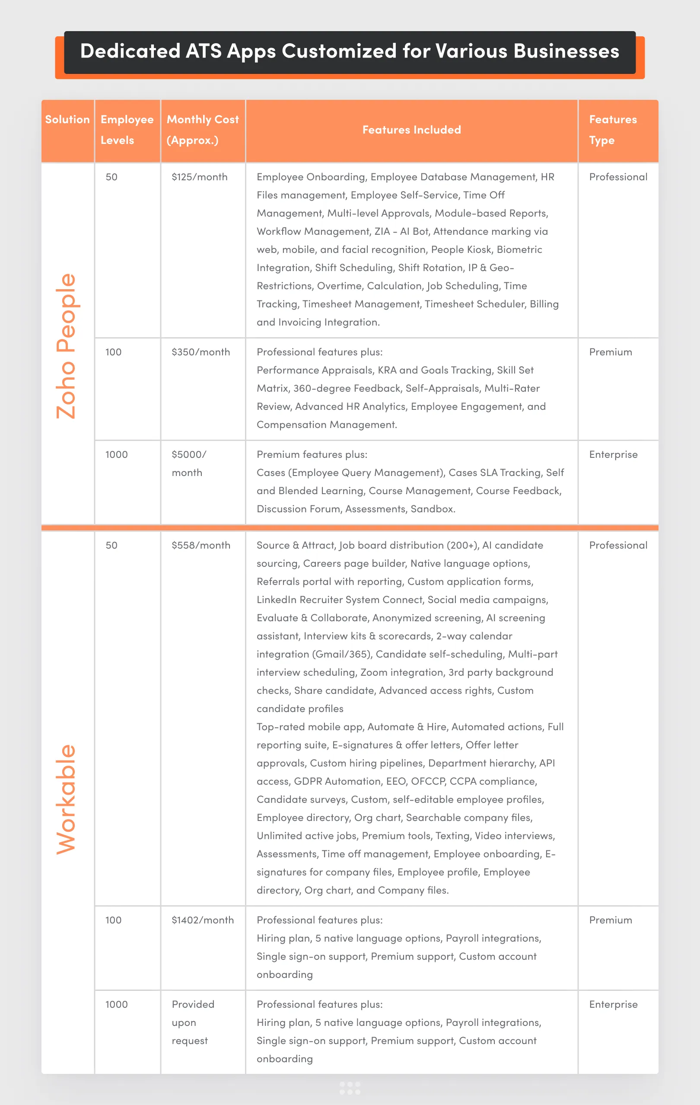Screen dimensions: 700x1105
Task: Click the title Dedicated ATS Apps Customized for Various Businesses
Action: point(350,51)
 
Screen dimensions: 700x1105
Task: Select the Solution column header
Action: point(67,120)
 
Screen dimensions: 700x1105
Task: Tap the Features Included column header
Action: point(411,130)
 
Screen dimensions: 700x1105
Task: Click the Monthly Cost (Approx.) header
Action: point(202,130)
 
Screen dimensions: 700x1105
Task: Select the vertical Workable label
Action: point(66,799)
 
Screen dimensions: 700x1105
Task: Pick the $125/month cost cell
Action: point(200,177)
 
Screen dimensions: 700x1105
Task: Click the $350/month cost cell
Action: point(201,352)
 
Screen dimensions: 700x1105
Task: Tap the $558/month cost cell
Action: point(201,546)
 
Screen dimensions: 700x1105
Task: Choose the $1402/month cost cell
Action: point(203,920)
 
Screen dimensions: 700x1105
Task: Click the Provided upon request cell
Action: point(193,1022)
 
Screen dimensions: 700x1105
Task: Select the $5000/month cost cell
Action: point(188,463)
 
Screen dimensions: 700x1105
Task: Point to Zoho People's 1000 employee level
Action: point(117,455)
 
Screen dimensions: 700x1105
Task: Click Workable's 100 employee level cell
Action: point(113,920)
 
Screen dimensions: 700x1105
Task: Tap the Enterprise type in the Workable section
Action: point(613,1005)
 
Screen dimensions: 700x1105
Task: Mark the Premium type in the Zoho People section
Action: point(611,352)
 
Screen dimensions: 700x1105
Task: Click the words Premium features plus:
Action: point(312,455)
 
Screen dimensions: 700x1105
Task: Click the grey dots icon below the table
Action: point(350,1088)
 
